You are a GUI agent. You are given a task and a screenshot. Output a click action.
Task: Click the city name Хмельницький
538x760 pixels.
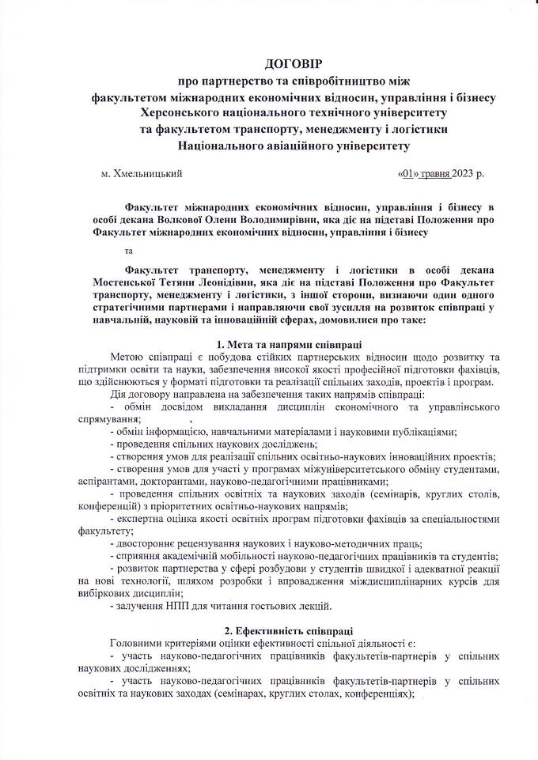click(x=149, y=172)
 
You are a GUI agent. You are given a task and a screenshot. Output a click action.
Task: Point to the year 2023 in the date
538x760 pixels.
click(x=463, y=172)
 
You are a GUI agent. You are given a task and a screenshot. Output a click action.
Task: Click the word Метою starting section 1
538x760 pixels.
click(x=127, y=357)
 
